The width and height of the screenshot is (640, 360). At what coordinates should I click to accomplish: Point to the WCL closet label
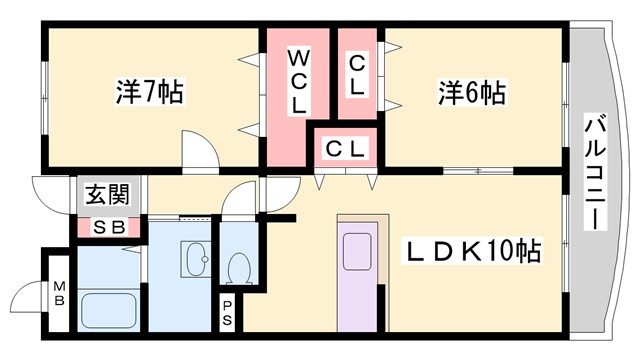point(299,80)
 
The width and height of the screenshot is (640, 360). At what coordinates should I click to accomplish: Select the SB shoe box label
point(107,226)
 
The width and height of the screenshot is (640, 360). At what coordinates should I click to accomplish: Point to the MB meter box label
point(58,293)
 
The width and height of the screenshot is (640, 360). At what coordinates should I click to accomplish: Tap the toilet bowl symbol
point(238,268)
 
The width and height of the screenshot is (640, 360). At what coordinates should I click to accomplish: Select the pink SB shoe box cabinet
point(107,227)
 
